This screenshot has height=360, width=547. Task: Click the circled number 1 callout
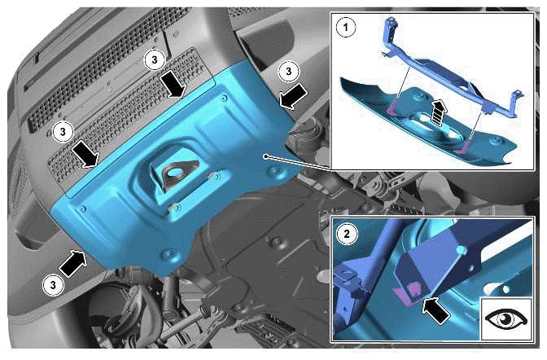[x=346, y=27]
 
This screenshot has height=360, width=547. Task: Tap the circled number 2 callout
[x=347, y=234]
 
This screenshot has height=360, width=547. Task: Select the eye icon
[x=506, y=318]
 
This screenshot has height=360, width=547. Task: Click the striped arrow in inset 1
[x=439, y=111]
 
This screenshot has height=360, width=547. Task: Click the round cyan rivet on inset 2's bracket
[x=462, y=250]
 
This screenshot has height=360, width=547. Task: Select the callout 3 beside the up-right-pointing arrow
[x=53, y=285]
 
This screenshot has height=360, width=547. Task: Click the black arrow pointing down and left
[x=293, y=97]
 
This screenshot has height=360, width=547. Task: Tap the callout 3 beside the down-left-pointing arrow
[x=288, y=72]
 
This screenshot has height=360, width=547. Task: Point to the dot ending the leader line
[x=265, y=156]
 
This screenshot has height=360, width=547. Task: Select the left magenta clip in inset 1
[x=392, y=106]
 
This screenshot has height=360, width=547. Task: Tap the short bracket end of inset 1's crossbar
[x=515, y=101]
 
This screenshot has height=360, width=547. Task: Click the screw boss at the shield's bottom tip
[x=168, y=253]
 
